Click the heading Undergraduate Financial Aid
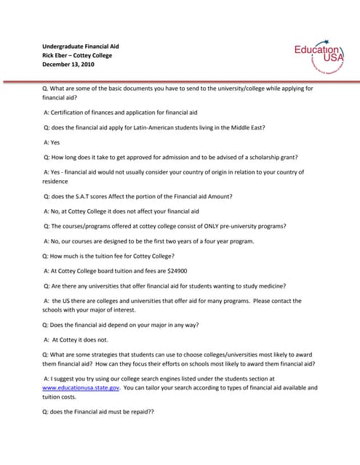(80, 46)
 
